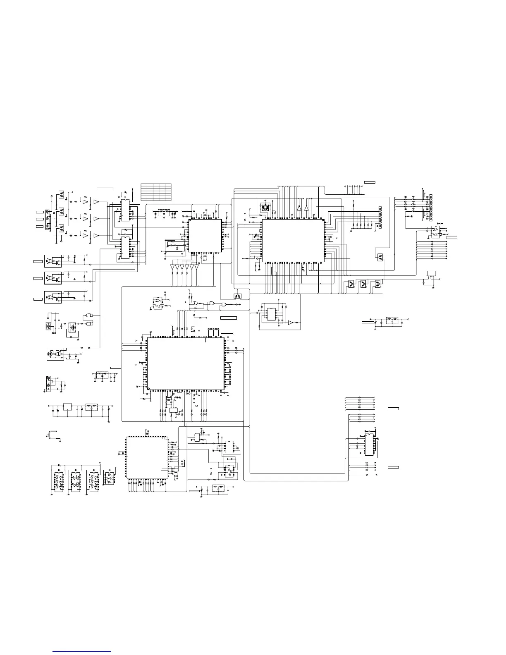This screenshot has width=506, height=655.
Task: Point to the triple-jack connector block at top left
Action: [x=47, y=219]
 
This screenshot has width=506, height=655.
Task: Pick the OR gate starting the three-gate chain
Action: [x=193, y=304]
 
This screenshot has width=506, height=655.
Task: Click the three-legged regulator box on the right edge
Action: [x=431, y=274]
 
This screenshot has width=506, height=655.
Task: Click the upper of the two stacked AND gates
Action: [x=89, y=316]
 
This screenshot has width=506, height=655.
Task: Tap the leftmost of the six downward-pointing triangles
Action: [x=172, y=267]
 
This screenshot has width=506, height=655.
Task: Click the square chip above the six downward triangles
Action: [x=205, y=235]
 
